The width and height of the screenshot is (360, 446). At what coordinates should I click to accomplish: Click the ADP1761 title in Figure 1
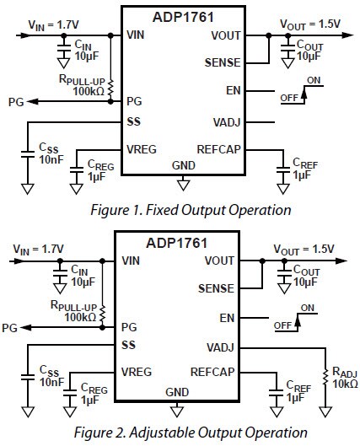[x=182, y=16]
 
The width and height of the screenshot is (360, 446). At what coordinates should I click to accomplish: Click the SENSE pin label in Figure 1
[x=223, y=62]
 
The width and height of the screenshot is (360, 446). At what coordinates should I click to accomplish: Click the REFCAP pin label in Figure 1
[x=217, y=148]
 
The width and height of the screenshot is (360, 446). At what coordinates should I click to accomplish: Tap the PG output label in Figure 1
[x=15, y=101]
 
